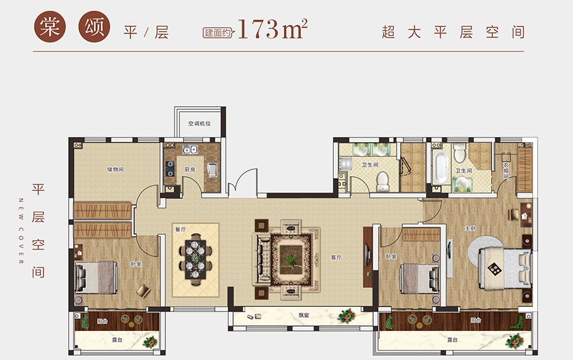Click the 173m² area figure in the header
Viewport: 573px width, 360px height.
272,28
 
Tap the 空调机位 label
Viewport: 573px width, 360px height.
199,124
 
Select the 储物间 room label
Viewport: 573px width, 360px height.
115,169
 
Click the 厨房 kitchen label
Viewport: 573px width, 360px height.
190,169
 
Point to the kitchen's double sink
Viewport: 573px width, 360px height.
190,149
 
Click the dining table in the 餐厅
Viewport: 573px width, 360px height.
195,259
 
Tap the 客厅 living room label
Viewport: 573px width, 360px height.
336,258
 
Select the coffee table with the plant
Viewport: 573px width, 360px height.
291,260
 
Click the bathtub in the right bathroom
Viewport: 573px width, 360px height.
440,167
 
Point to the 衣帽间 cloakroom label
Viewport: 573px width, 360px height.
505,171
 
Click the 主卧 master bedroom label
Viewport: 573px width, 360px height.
470,229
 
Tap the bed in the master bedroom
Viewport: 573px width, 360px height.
506,269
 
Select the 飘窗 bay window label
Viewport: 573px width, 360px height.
304,315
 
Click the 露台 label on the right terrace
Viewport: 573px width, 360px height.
452,340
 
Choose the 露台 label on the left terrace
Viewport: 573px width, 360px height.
117,340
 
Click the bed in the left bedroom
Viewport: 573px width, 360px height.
97,278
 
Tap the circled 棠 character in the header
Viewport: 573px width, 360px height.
50,27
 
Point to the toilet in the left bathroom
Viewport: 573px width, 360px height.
382,181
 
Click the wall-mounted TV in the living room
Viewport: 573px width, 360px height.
367,255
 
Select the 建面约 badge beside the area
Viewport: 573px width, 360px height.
218,33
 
